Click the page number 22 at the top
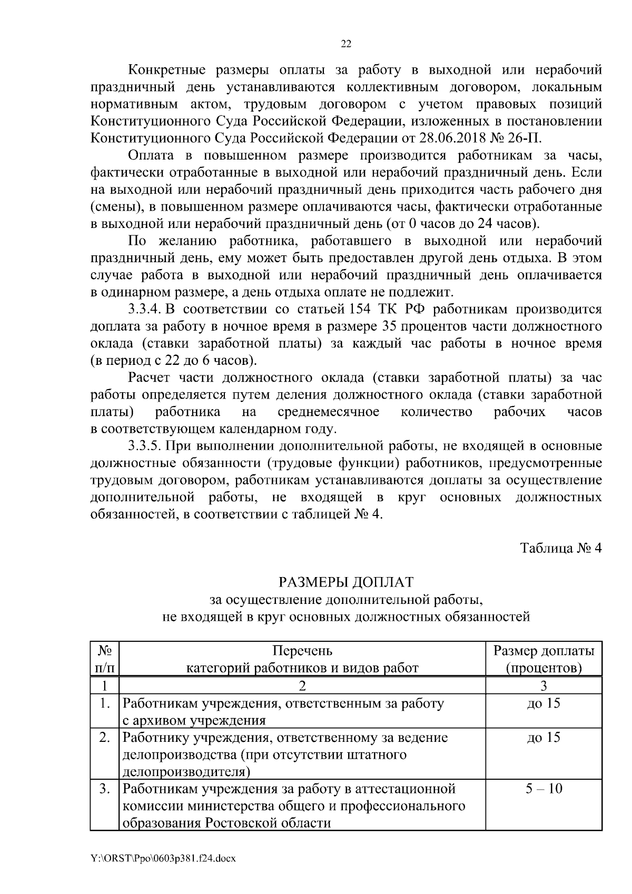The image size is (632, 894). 346,44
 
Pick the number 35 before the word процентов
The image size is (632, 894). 386,326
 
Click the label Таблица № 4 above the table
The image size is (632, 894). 561,548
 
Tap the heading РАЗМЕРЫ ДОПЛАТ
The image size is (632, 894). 346,582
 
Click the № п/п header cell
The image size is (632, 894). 105,659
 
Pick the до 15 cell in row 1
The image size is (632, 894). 544,703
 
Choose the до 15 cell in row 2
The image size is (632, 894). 544,738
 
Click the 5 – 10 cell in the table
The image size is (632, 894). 544,789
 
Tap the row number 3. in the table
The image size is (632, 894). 105,789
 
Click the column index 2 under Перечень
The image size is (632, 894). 302,686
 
